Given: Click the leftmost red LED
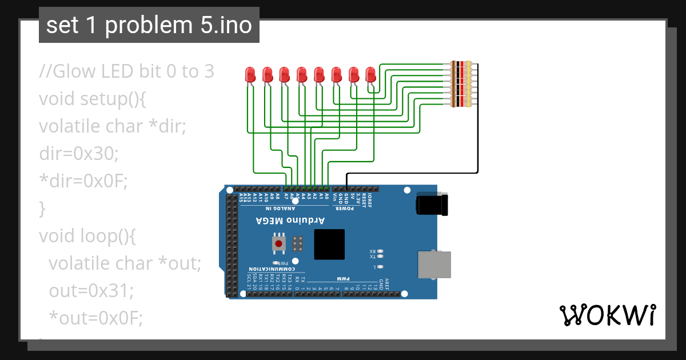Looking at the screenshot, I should pyautogui.click(x=250, y=74).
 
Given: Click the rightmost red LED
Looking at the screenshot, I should pyautogui.click(x=370, y=74).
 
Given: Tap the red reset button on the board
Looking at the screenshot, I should pyautogui.click(x=278, y=244).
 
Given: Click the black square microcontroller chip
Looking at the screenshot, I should pyautogui.click(x=329, y=244).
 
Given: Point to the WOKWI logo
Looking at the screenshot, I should pyautogui.click(x=607, y=315).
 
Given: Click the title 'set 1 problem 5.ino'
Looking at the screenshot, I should pyautogui.click(x=149, y=25).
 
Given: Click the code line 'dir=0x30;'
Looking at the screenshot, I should pyautogui.click(x=78, y=154).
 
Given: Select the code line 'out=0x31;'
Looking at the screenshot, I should pyautogui.click(x=90, y=291).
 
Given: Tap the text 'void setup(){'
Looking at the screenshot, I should pyautogui.click(x=93, y=99).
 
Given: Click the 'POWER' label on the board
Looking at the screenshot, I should pyautogui.click(x=345, y=208).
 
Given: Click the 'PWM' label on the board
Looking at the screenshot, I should pyautogui.click(x=342, y=278).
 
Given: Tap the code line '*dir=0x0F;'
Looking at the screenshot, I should pyautogui.click(x=83, y=181).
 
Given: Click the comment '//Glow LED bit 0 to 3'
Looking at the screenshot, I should pyautogui.click(x=126, y=71).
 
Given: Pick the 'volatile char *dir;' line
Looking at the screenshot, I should pyautogui.click(x=113, y=126).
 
